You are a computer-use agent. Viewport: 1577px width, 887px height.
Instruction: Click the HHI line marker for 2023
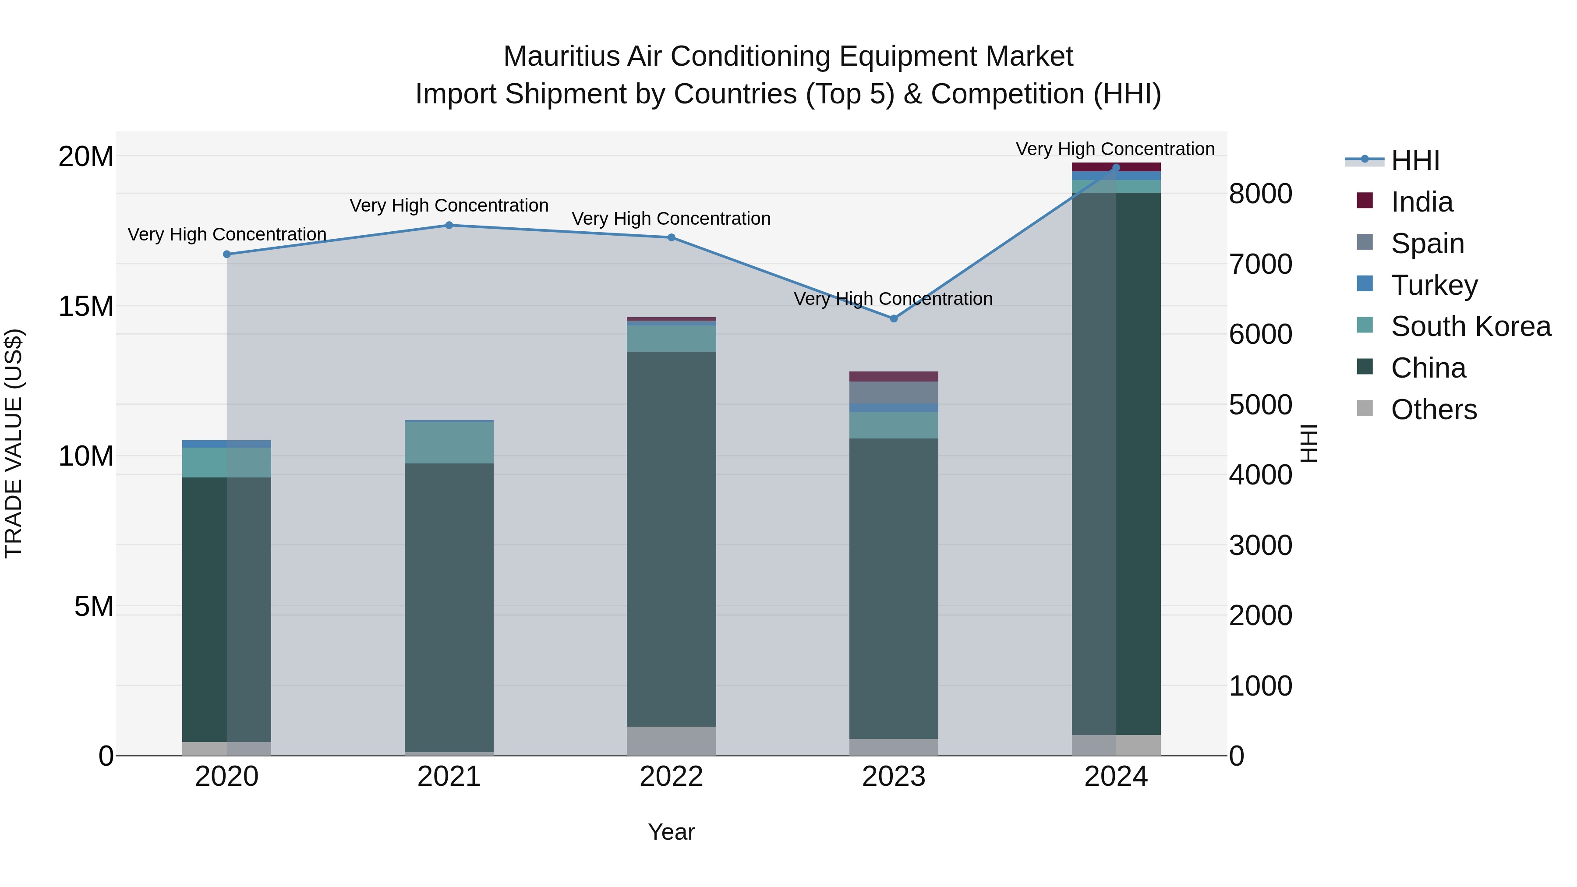(893, 318)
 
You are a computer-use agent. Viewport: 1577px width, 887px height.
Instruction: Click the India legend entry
(1421, 202)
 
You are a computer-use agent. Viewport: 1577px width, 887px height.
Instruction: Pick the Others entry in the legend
(1433, 410)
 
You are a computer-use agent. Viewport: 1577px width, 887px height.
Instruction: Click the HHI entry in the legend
(1415, 160)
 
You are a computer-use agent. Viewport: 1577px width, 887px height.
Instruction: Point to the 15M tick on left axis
(86, 306)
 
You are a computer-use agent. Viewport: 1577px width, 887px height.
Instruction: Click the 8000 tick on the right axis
(1260, 194)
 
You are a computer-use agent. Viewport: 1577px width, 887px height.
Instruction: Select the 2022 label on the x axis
(671, 777)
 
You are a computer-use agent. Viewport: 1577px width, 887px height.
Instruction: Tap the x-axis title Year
(671, 832)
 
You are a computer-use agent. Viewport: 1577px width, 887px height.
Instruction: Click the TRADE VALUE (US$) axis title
(14, 444)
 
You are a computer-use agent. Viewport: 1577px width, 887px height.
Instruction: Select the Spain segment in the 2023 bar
(893, 392)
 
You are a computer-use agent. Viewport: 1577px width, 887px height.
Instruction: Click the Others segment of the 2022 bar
(671, 741)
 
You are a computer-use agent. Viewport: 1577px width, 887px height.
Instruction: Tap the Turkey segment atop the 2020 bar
(226, 444)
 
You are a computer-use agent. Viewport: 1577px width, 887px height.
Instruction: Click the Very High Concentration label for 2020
(226, 234)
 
